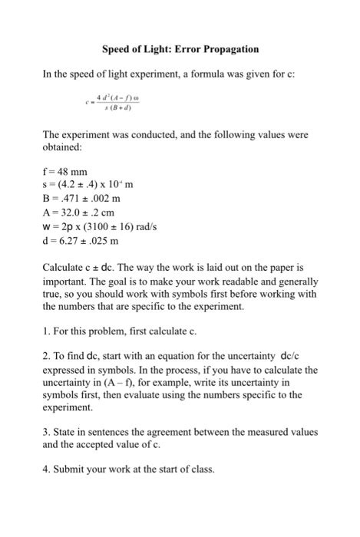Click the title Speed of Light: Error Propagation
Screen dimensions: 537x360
[x=180, y=49]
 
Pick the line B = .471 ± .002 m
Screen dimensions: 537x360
[x=89, y=201]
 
